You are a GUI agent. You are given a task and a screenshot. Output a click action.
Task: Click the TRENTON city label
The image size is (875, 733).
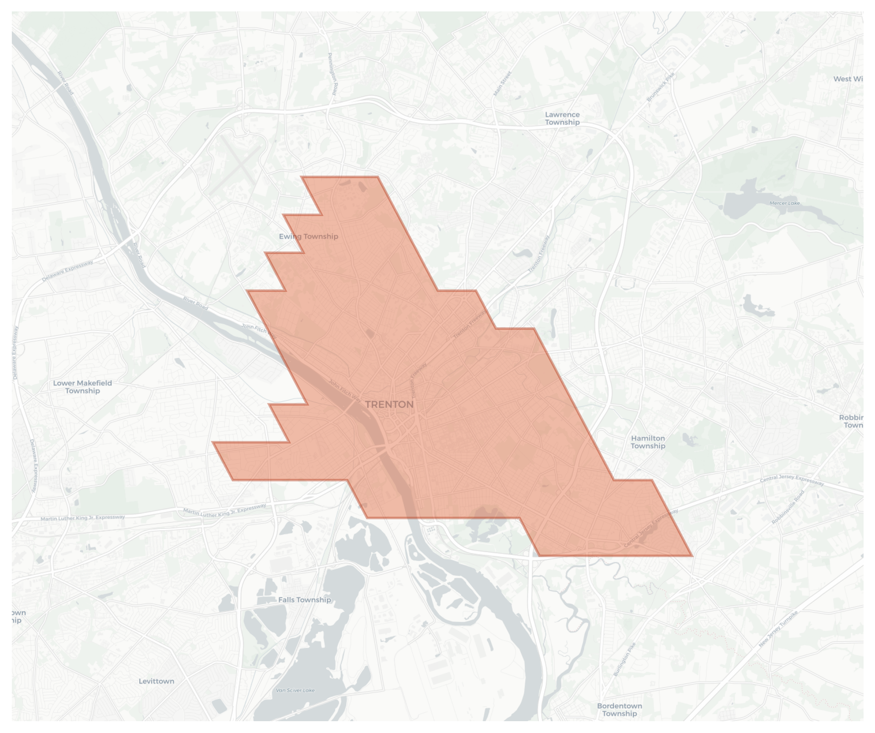[389, 405]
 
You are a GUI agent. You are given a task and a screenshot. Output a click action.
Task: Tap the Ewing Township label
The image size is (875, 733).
[308, 236]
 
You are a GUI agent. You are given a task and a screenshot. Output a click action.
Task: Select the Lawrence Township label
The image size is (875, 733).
[562, 118]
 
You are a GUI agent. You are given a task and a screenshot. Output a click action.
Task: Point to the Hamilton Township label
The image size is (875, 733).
[647, 442]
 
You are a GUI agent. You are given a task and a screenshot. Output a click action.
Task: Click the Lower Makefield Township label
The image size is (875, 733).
[82, 387]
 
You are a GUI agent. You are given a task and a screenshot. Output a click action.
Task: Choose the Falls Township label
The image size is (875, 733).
[304, 600]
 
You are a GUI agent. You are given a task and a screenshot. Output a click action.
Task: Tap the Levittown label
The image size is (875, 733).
[156, 681]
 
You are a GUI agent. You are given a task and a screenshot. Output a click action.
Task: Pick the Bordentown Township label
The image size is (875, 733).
[619, 710]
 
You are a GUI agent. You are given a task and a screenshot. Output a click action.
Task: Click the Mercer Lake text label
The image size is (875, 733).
[784, 203]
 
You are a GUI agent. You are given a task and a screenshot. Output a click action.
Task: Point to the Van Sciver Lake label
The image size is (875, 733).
[295, 690]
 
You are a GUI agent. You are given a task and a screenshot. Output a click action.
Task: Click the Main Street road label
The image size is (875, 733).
[502, 84]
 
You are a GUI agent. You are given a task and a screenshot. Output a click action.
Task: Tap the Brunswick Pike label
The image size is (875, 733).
[660, 87]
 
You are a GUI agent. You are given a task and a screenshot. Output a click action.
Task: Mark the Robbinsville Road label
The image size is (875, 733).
[787, 507]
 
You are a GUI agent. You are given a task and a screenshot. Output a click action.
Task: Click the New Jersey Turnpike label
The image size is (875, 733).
[778, 629]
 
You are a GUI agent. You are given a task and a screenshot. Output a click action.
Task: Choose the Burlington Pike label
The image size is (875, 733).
[625, 659]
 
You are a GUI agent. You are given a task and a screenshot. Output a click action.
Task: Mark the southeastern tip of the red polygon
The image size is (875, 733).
[692, 556]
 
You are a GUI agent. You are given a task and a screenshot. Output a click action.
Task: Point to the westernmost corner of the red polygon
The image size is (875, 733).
[213, 442]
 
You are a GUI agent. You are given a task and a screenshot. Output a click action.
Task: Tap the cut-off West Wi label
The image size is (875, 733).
[847, 79]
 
